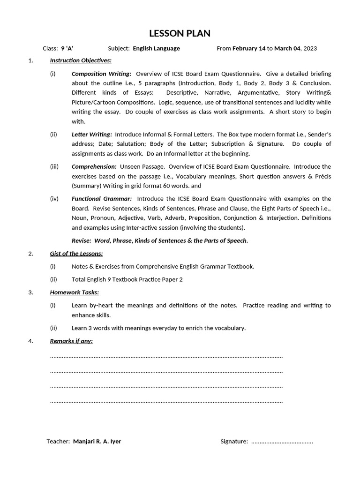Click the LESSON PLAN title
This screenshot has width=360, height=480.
pyautogui.click(x=180, y=33)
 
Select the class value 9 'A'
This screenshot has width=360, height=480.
pyautogui.click(x=67, y=48)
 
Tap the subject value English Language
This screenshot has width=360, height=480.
pyautogui.click(x=156, y=48)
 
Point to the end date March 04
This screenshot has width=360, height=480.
pyautogui.click(x=287, y=48)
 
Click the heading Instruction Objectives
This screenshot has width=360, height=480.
pyautogui.click(x=81, y=60)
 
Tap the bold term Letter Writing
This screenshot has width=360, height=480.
pyautogui.click(x=91, y=135)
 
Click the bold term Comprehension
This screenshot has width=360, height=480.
pyautogui.click(x=94, y=166)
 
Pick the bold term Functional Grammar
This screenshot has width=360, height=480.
pyautogui.click(x=101, y=199)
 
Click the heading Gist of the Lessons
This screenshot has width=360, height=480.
pyautogui.click(x=76, y=254)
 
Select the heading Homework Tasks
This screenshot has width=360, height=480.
pyautogui.click(x=74, y=292)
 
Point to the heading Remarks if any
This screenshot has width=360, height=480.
pyautogui.click(x=71, y=341)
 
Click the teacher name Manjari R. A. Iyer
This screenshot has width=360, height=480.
pyautogui.click(x=97, y=442)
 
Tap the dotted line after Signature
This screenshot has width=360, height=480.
pyautogui.click(x=282, y=442)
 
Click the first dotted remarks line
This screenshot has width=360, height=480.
pyautogui.click(x=166, y=357)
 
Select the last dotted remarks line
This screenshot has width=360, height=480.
pyautogui.click(x=166, y=402)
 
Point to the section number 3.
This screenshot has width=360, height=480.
pyautogui.click(x=30, y=292)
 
